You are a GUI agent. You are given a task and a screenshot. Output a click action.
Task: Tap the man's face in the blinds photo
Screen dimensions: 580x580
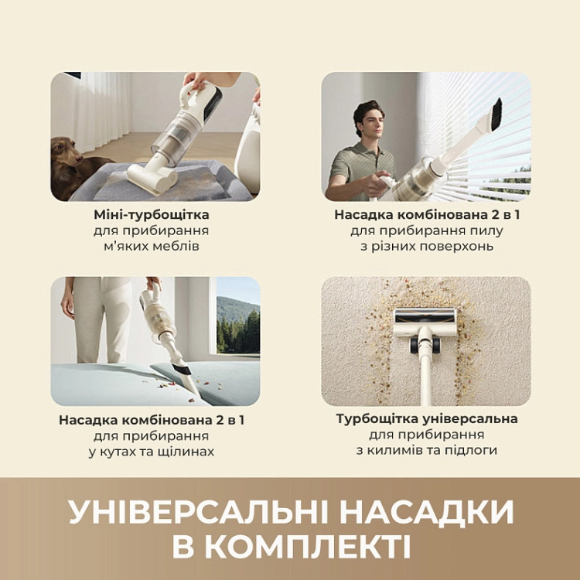(369, 123)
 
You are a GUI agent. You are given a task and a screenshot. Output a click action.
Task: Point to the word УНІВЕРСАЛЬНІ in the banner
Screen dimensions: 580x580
(190, 513)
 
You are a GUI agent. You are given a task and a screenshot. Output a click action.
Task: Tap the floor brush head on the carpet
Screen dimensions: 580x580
(425, 317)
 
